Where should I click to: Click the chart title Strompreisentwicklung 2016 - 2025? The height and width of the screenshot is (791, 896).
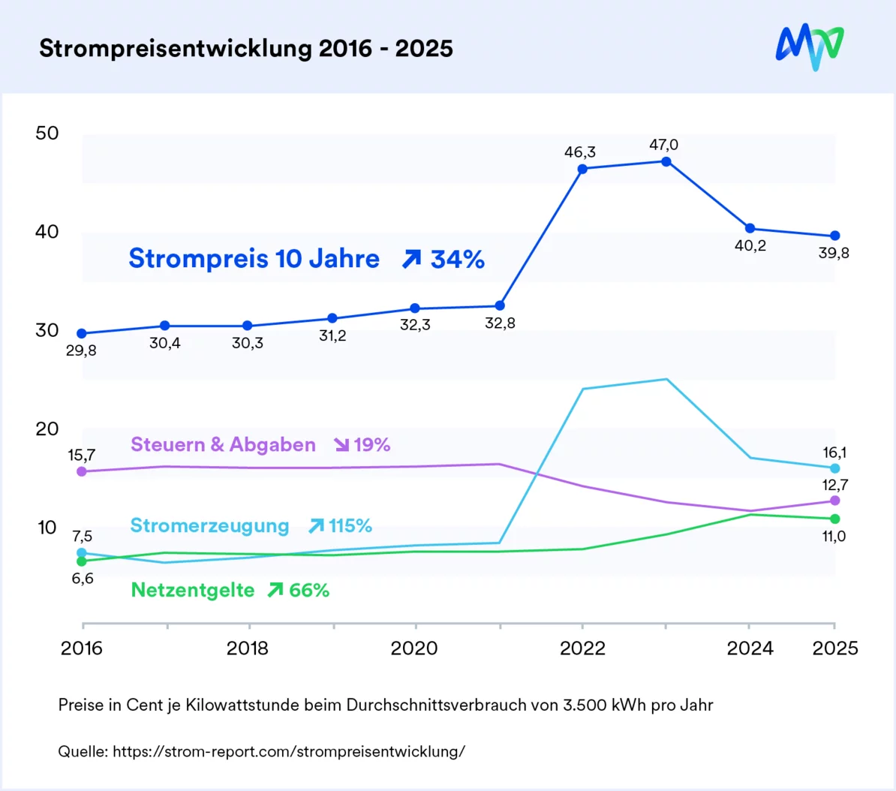pos(246,49)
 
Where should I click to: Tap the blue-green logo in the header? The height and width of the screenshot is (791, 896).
pos(809,47)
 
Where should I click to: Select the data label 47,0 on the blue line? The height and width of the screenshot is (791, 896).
pos(663,145)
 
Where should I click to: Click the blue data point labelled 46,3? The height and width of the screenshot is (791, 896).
pos(582,169)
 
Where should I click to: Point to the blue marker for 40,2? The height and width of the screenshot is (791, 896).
pos(750,228)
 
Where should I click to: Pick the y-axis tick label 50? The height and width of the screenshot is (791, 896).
pos(47,134)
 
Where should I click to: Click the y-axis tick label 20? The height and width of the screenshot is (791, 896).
pos(47,429)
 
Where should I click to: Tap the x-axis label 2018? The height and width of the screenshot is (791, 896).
pos(248,648)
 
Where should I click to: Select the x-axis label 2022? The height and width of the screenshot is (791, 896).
pos(582,648)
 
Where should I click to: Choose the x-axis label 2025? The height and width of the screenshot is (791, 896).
pos(834,648)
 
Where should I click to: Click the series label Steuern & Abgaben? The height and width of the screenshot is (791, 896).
pos(223,445)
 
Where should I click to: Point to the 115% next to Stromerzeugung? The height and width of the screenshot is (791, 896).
pos(350,526)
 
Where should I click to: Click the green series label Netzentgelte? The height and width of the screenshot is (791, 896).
pos(193,591)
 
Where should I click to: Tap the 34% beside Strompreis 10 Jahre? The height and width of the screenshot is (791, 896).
pos(457,260)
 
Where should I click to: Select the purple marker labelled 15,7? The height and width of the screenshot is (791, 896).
pos(82,471)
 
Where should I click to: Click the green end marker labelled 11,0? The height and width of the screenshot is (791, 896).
pos(835,519)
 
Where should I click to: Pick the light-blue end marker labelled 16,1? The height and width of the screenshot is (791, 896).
pos(835,468)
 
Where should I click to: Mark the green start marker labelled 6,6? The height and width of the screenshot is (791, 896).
pos(82,561)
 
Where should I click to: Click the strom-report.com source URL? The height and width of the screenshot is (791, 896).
pos(289,751)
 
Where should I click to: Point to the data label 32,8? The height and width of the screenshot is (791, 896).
pos(500,323)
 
